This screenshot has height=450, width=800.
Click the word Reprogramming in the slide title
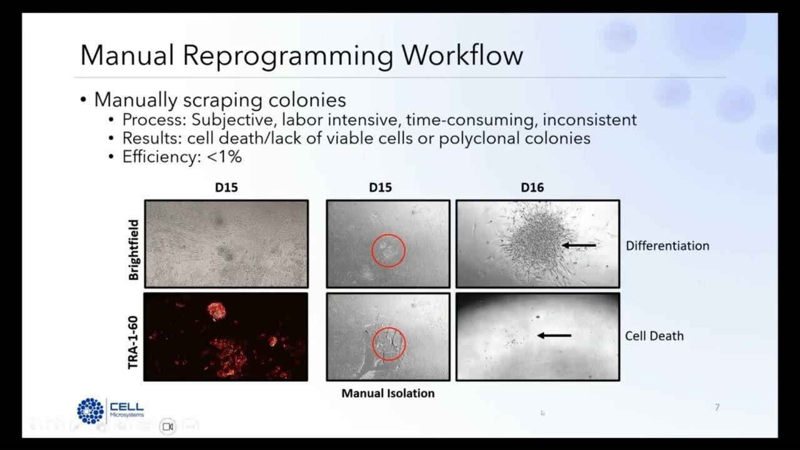[288, 56]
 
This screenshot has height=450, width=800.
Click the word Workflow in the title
[462, 56]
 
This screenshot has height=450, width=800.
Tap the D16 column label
[532, 187]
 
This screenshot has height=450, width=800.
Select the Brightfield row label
[134, 244]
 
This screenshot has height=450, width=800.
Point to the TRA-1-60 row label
[134, 337]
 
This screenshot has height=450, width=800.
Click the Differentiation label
[667, 246]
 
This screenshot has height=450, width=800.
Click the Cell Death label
[654, 336]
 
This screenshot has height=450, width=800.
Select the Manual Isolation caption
[387, 394]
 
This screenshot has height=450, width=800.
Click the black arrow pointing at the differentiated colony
[579, 246]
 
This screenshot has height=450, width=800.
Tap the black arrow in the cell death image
[554, 336]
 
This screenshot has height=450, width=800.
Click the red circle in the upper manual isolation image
[388, 250]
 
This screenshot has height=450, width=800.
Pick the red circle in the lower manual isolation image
[389, 343]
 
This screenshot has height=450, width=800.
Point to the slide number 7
[717, 407]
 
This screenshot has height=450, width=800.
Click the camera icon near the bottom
[167, 426]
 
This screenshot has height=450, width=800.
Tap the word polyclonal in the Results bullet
[476, 138]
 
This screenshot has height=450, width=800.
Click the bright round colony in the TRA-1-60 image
[216, 311]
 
